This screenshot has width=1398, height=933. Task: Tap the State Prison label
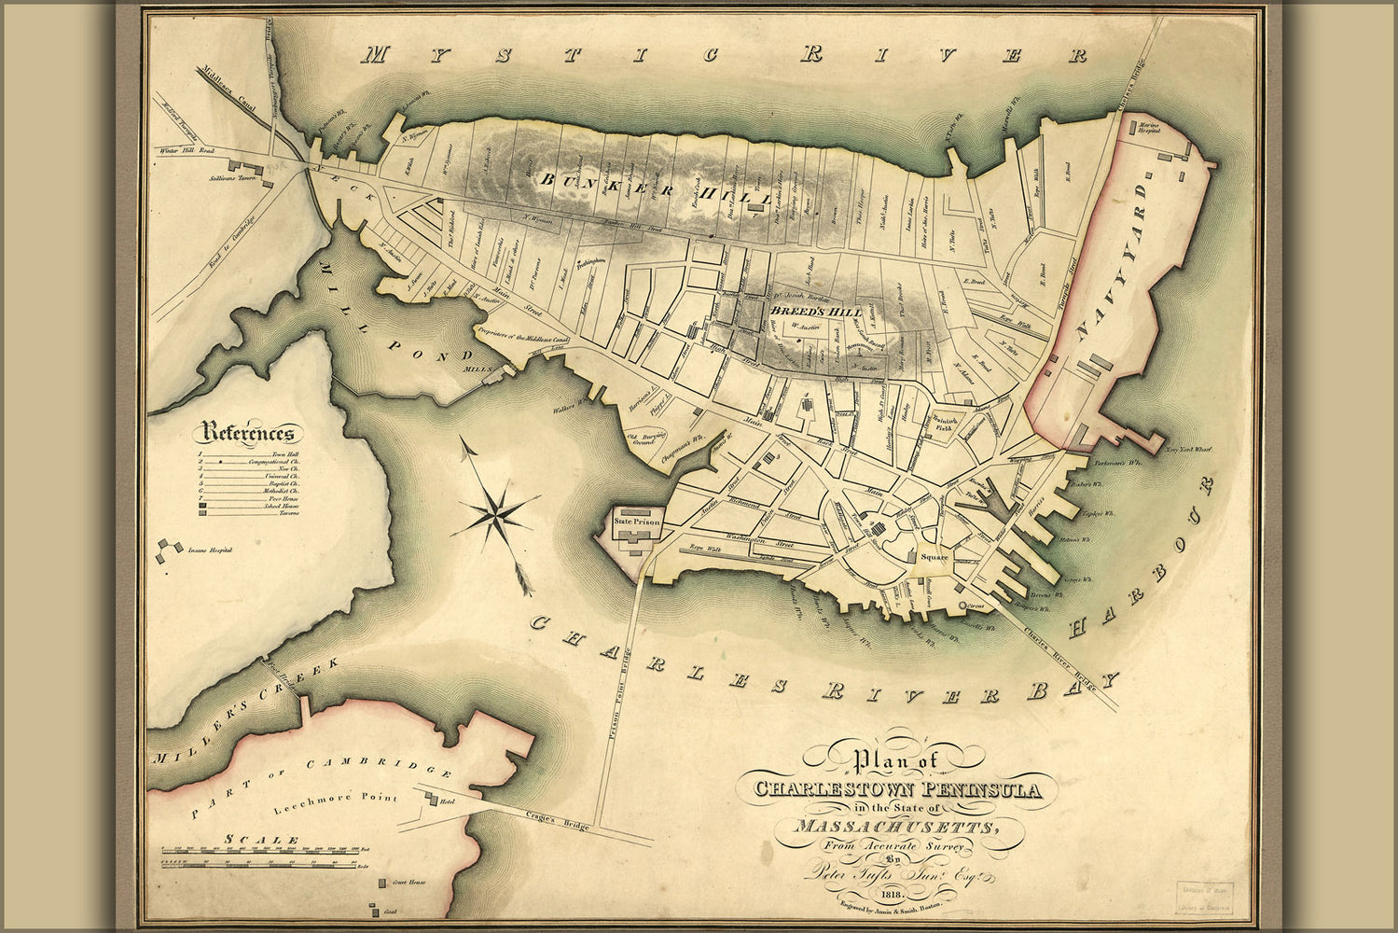click(636, 522)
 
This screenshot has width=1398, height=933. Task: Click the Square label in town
click(934, 557)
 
